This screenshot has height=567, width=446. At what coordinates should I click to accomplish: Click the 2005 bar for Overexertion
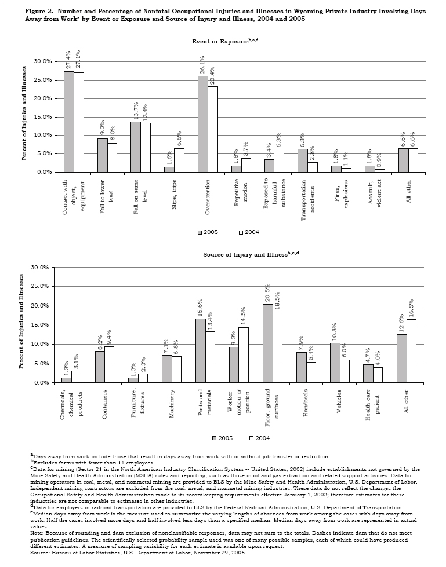pos(203,124)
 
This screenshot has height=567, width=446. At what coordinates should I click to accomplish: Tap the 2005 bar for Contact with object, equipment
pos(69,122)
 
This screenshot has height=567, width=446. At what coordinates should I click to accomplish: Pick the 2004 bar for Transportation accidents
pos(313,167)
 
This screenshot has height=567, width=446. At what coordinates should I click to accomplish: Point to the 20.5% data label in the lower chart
pos(267,292)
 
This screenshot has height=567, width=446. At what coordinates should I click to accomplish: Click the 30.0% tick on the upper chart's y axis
pos(47,61)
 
